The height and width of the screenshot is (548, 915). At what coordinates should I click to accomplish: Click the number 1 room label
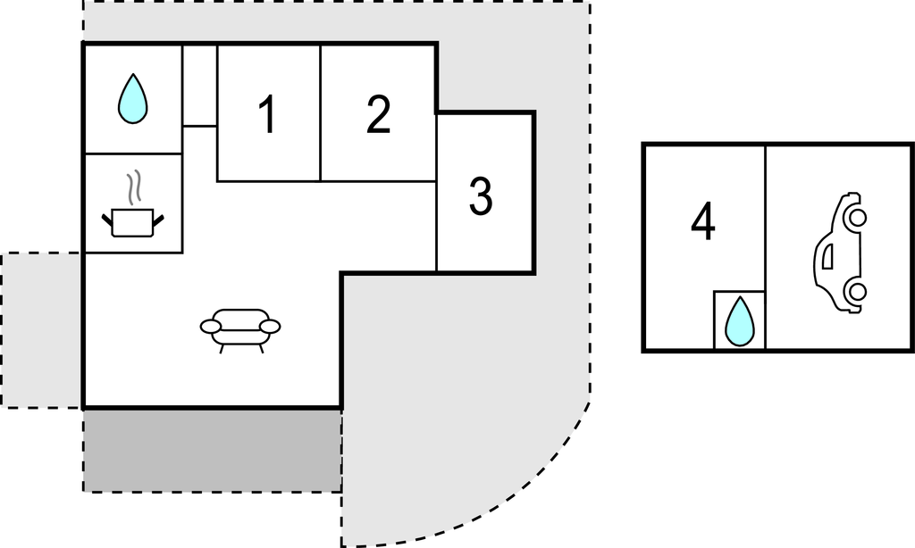pyautogui.click(x=267, y=114)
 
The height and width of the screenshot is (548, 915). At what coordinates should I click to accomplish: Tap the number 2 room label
pyautogui.click(x=378, y=114)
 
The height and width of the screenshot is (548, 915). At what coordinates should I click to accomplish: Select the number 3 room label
pyautogui.click(x=481, y=196)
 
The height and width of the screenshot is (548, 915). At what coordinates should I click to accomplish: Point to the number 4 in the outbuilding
pyautogui.click(x=703, y=221)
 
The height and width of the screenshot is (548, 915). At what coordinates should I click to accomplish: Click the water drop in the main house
pyautogui.click(x=133, y=98)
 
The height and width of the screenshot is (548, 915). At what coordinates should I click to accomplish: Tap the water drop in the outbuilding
pyautogui.click(x=739, y=321)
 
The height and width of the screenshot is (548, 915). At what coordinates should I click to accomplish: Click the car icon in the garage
pyautogui.click(x=840, y=253)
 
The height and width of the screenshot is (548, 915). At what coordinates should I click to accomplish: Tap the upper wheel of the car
pyautogui.click(x=858, y=218)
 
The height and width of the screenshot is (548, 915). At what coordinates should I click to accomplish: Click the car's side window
pyautogui.click(x=827, y=257)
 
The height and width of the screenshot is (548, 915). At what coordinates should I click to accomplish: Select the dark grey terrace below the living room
pyautogui.click(x=213, y=451)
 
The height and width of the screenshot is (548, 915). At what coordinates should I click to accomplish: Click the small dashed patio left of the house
pyautogui.click(x=41, y=330)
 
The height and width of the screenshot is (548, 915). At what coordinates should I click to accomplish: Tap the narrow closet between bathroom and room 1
pyautogui.click(x=199, y=86)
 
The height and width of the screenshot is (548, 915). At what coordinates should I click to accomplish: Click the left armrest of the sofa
pyautogui.click(x=211, y=327)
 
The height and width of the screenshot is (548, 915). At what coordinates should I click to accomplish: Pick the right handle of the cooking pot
pyautogui.click(x=159, y=220)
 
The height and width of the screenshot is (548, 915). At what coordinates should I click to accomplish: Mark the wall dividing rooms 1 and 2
pyautogui.click(x=321, y=113)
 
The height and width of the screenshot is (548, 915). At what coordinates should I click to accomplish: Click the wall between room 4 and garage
pyautogui.click(x=765, y=248)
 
